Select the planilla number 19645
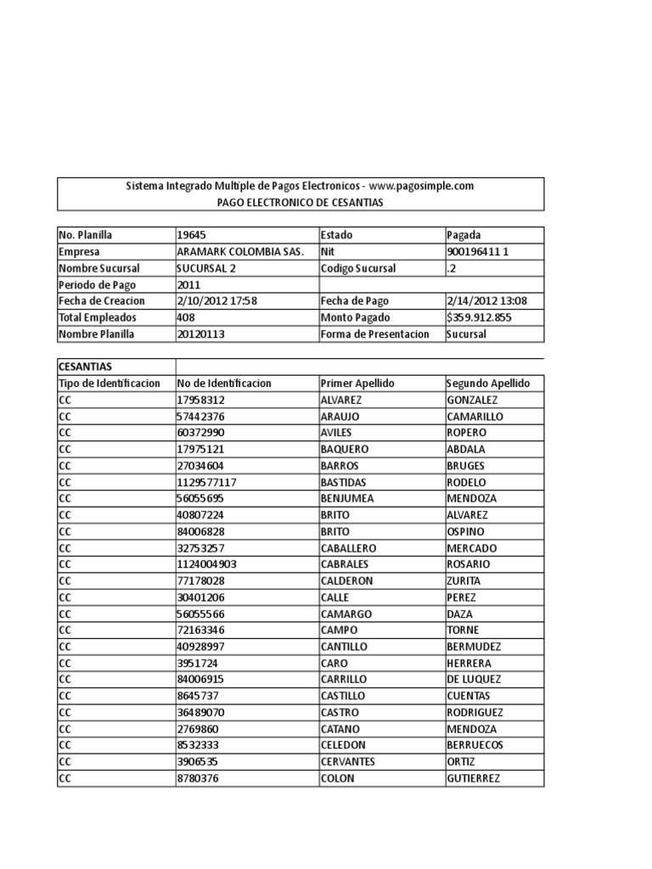tap(191, 235)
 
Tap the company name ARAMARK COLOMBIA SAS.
tap(241, 252)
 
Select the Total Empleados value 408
tap(186, 317)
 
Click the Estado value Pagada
tap(464, 235)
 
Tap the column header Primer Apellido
tap(357, 384)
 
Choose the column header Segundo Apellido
tap(488, 384)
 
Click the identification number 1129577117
tap(206, 482)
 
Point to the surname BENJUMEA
tap(348, 499)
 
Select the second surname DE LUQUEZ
tap(473, 680)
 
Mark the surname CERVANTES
tap(348, 762)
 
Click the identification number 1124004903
tap(206, 564)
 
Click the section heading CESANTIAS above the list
tap(86, 367)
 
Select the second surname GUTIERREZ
tap(473, 778)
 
